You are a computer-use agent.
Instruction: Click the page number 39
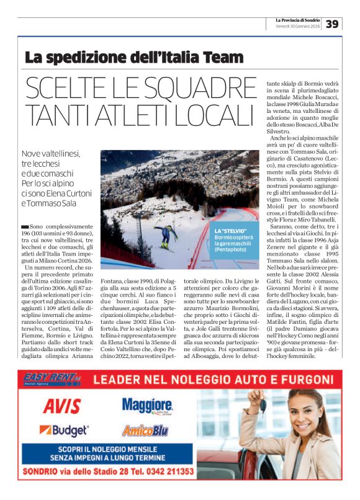[x=333, y=24]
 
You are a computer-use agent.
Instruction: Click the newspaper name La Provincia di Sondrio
[x=298, y=20]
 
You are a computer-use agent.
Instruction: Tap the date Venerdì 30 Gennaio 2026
[x=298, y=27]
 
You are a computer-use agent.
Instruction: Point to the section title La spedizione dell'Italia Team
[x=134, y=58]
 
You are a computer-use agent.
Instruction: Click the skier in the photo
[x=165, y=235]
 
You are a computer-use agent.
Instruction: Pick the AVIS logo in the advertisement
[x=61, y=406]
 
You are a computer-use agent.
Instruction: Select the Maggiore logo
[x=146, y=406]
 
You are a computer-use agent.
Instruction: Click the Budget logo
[x=64, y=430]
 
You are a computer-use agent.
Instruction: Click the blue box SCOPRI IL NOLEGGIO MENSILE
[x=106, y=453]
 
